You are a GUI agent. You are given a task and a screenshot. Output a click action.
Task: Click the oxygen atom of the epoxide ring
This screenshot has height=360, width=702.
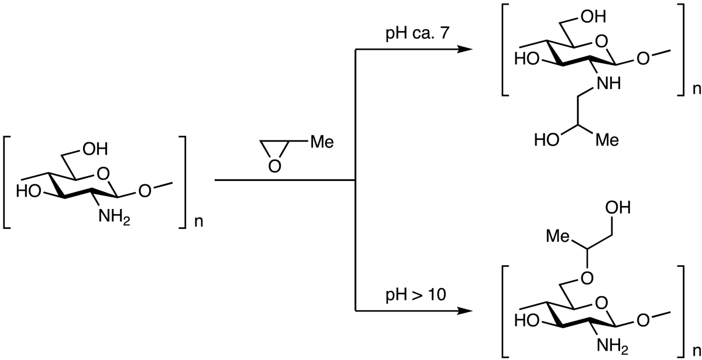click(x=272, y=167)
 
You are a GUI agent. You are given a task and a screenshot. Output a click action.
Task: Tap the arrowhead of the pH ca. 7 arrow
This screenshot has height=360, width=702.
click(x=465, y=49)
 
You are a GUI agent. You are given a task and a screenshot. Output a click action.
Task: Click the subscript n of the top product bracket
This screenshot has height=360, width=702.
click(x=696, y=90)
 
